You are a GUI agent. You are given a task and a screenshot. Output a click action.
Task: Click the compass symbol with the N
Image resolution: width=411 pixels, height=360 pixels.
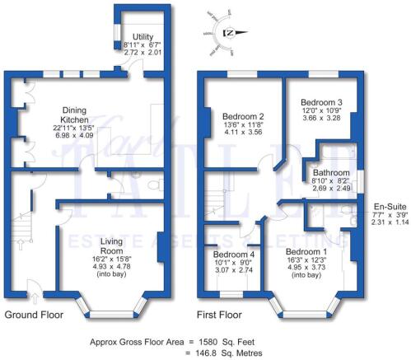(x=230, y=32)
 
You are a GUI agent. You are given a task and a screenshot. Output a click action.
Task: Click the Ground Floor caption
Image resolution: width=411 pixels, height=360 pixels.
(x=34, y=315)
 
